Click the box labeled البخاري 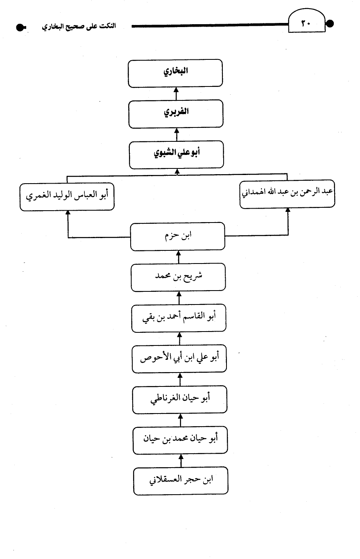(175, 73)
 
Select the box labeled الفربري (176, 114)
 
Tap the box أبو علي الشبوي (176, 155)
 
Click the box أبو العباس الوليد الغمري (67, 197)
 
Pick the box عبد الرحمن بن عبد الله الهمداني (287, 194)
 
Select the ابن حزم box (177, 236)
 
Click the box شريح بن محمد (178, 277)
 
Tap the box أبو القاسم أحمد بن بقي (179, 318)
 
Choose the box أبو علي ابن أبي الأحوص (179, 359)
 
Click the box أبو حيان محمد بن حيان (180, 441)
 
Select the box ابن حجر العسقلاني (181, 481)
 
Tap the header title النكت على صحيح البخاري (79, 26)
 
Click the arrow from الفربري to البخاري (176, 93)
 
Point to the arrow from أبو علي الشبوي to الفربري (177, 134)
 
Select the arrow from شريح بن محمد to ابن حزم (178, 257)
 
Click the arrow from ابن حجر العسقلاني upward (181, 461)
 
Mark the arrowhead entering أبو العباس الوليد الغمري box (68, 213)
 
